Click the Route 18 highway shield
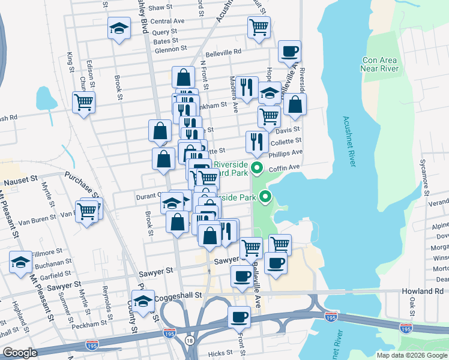(190, 340)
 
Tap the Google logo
(20, 352)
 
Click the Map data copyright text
(411, 355)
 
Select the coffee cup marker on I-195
(238, 316)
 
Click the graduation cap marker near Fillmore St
(20, 262)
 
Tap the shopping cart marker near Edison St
(83, 101)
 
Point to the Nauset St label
(21, 179)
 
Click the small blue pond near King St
(44, 97)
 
